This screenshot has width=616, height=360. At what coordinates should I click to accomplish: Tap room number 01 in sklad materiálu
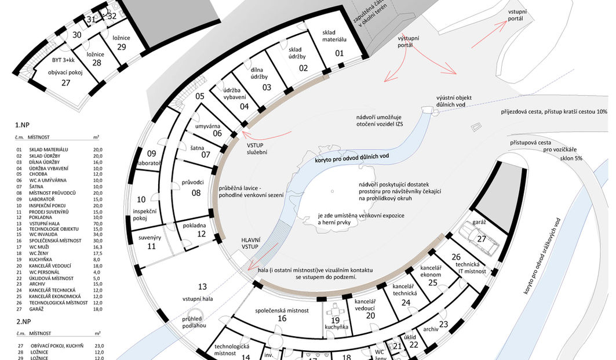(339, 54)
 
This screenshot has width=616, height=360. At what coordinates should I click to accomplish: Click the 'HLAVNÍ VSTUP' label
(253, 243)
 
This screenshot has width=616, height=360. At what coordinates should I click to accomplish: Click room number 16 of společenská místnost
(282, 319)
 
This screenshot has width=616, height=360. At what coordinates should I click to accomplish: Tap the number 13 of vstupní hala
(202, 286)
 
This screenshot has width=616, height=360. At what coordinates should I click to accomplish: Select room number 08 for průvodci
(196, 192)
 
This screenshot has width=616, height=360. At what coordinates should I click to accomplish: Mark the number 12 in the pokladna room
(201, 234)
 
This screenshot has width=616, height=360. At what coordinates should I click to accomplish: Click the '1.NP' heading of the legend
(23, 125)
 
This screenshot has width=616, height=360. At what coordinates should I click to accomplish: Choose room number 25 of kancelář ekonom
(432, 282)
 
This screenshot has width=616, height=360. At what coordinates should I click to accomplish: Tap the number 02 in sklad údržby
(303, 68)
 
